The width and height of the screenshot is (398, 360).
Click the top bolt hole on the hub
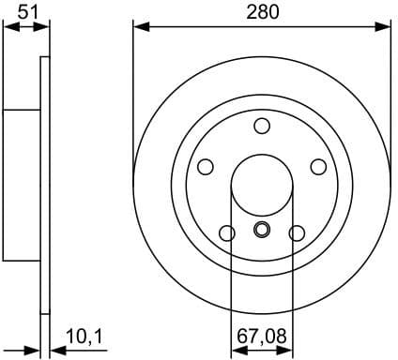[262, 127]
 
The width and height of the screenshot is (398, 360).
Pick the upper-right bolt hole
[318, 166]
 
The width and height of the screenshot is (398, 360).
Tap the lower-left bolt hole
[226, 232]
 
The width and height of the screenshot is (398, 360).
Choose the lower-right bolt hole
[298, 232]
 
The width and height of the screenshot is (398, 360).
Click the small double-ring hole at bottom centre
[262, 231]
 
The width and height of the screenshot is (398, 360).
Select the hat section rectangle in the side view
[22, 185]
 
